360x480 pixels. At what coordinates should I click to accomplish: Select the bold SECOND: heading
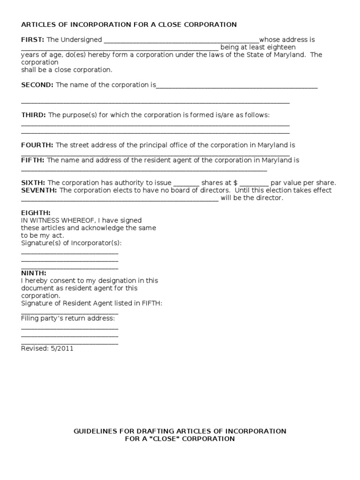pos(37,85)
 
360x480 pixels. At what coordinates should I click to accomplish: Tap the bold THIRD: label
pos(33,115)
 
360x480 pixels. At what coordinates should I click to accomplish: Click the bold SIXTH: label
pos(33,183)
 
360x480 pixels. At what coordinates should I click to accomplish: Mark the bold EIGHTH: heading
pos(36,213)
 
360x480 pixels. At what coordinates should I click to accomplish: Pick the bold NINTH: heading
pos(34,273)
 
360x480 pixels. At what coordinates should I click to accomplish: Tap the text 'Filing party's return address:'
pos(68,318)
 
